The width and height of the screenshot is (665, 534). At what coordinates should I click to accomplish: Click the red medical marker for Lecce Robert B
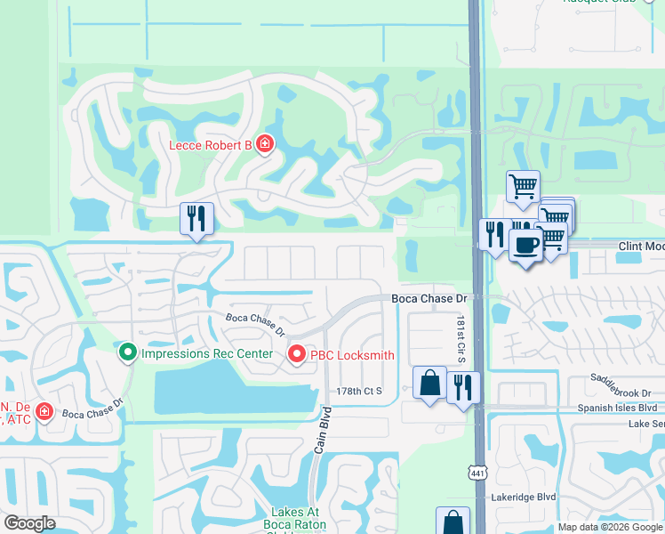264,143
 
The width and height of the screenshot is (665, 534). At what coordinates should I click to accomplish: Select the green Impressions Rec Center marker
128,354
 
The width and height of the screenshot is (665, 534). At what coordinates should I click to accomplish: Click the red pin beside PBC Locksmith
297,355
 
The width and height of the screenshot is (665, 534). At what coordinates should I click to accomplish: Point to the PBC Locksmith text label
352,355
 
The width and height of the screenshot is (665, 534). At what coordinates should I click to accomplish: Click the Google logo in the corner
30,523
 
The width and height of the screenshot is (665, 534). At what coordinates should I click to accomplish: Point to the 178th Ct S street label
359,391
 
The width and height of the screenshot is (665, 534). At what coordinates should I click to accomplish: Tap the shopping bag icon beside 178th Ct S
430,384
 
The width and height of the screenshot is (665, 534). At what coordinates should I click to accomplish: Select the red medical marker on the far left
44,412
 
